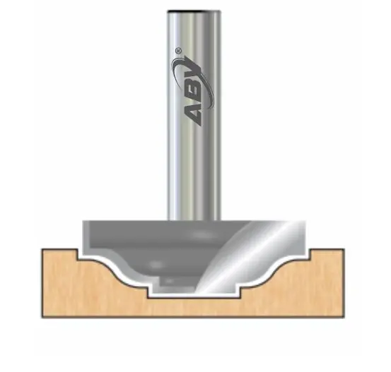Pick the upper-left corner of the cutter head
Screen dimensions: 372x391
coord(84,222)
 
